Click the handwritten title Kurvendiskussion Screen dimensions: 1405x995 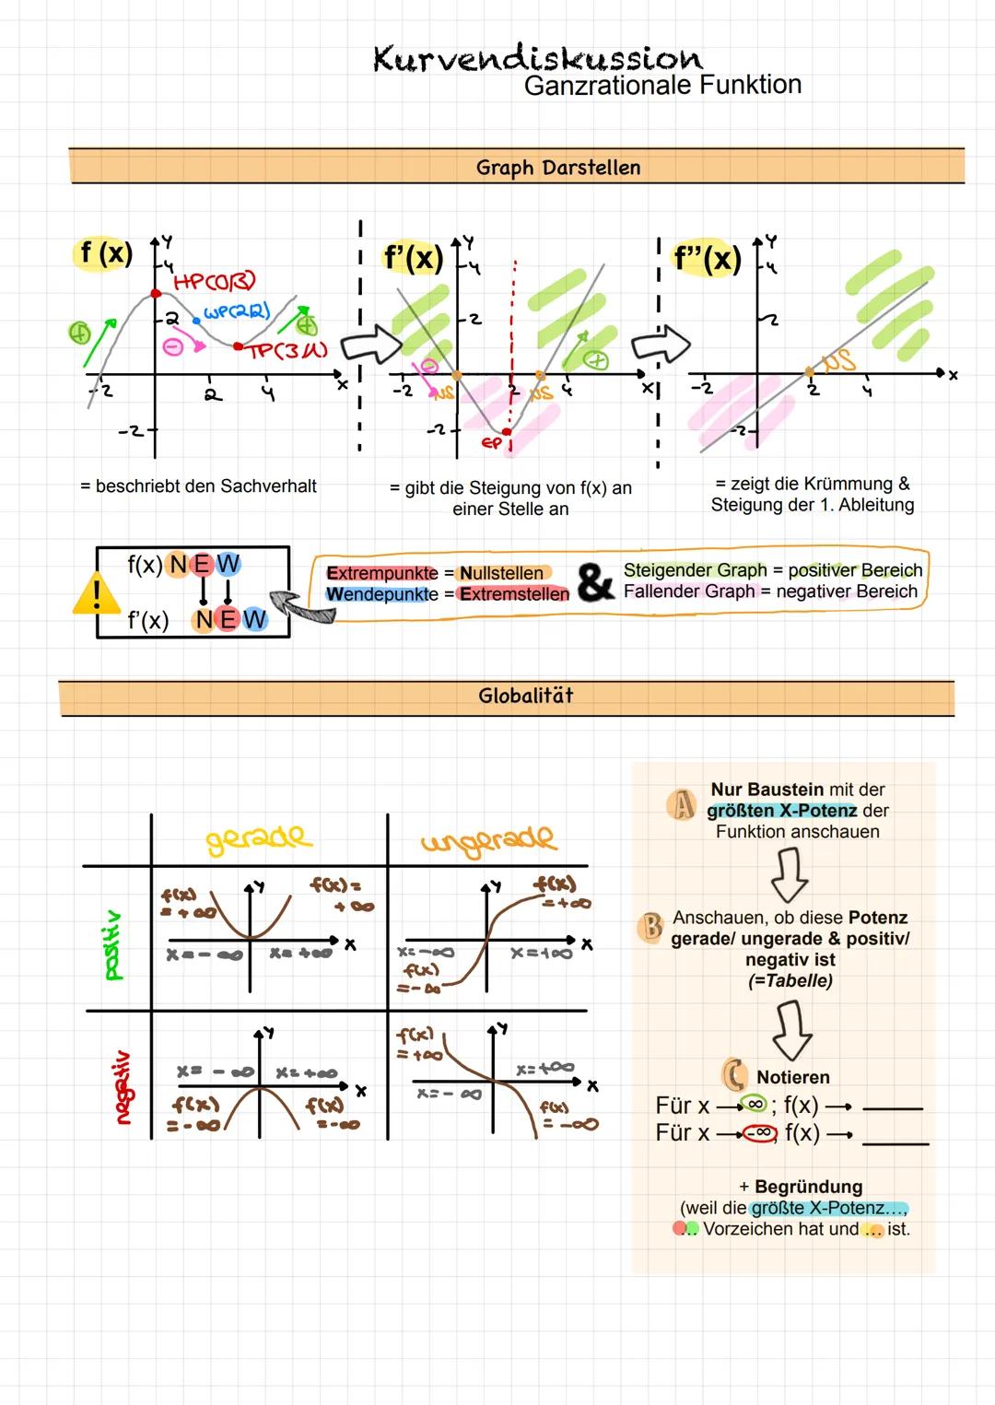pyautogui.click(x=537, y=59)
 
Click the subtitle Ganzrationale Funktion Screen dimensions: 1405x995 pyautogui.click(x=662, y=86)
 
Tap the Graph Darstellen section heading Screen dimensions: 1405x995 pyautogui.click(x=557, y=168)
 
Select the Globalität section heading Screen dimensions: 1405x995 pyautogui.click(x=525, y=696)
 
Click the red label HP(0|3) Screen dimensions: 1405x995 pyautogui.click(x=215, y=280)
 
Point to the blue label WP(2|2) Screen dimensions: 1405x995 pyautogui.click(x=237, y=311)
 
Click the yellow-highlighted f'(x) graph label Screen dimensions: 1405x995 pyautogui.click(x=413, y=258)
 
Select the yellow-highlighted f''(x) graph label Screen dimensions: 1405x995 pyautogui.click(x=707, y=258)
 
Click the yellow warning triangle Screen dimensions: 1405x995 pyautogui.click(x=94, y=595)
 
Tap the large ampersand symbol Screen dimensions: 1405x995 pyautogui.click(x=595, y=582)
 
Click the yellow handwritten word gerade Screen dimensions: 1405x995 pyautogui.click(x=259, y=838)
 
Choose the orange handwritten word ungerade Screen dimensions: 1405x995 pyautogui.click(x=488, y=840)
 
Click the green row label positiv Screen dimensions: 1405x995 pyautogui.click(x=113, y=944)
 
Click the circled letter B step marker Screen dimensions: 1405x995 pyautogui.click(x=651, y=926)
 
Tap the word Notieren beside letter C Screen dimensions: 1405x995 pyautogui.click(x=792, y=1077)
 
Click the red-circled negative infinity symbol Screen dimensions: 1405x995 pyautogui.click(x=760, y=1133)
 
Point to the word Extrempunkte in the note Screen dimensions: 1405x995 pyautogui.click(x=382, y=573)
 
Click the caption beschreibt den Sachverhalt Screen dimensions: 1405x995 pyautogui.click(x=199, y=486)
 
